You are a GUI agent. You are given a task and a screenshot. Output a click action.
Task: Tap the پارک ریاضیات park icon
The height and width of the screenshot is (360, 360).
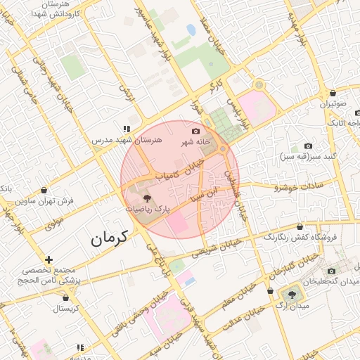click(x=146, y=198)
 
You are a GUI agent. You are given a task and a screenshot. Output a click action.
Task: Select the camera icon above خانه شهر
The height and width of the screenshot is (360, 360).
click(x=195, y=131)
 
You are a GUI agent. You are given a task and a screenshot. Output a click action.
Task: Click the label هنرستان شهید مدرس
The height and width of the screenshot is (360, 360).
click(x=127, y=140)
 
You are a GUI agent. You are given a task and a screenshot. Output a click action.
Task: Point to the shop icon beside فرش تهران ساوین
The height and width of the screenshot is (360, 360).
click(x=45, y=190)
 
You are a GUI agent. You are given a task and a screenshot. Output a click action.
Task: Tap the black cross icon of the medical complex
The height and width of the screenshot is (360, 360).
click(x=49, y=259)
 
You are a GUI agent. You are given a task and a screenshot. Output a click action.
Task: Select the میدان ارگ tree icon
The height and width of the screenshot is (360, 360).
click(x=290, y=294)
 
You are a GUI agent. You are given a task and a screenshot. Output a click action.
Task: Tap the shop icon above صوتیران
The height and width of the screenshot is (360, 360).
click(x=333, y=93)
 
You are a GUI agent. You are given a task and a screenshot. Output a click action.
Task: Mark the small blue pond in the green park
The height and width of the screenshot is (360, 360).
click(x=191, y=30)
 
